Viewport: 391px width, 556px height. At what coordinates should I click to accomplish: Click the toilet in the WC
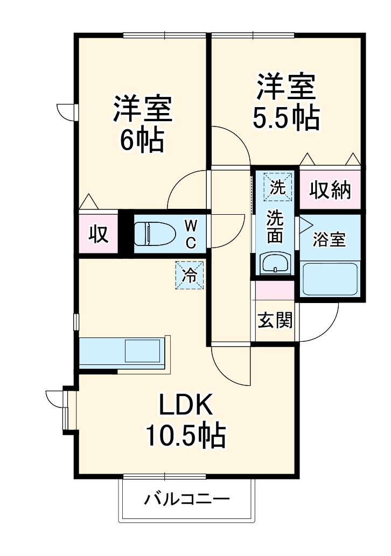155,234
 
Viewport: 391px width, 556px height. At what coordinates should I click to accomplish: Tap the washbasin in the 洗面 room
275,263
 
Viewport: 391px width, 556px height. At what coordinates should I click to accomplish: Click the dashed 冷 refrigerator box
190,275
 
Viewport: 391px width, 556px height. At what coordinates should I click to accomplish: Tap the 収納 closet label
330,190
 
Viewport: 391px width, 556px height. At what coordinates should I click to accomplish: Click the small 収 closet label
99,234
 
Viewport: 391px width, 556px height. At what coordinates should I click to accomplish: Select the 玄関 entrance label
275,321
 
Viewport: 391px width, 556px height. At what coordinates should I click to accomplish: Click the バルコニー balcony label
186,499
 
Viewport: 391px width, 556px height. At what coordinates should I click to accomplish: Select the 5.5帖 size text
287,118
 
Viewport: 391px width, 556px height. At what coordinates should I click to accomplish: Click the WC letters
191,233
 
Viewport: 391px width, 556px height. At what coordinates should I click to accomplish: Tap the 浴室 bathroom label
330,240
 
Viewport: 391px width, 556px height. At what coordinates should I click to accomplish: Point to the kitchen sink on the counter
142,351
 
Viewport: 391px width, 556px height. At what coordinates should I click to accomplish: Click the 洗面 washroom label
275,226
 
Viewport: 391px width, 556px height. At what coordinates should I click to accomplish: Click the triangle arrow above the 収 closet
89,202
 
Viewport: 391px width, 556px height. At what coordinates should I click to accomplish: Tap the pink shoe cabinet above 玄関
275,290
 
